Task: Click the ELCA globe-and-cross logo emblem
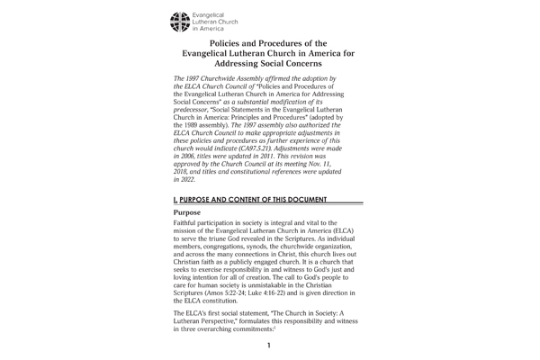click(181, 19)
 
